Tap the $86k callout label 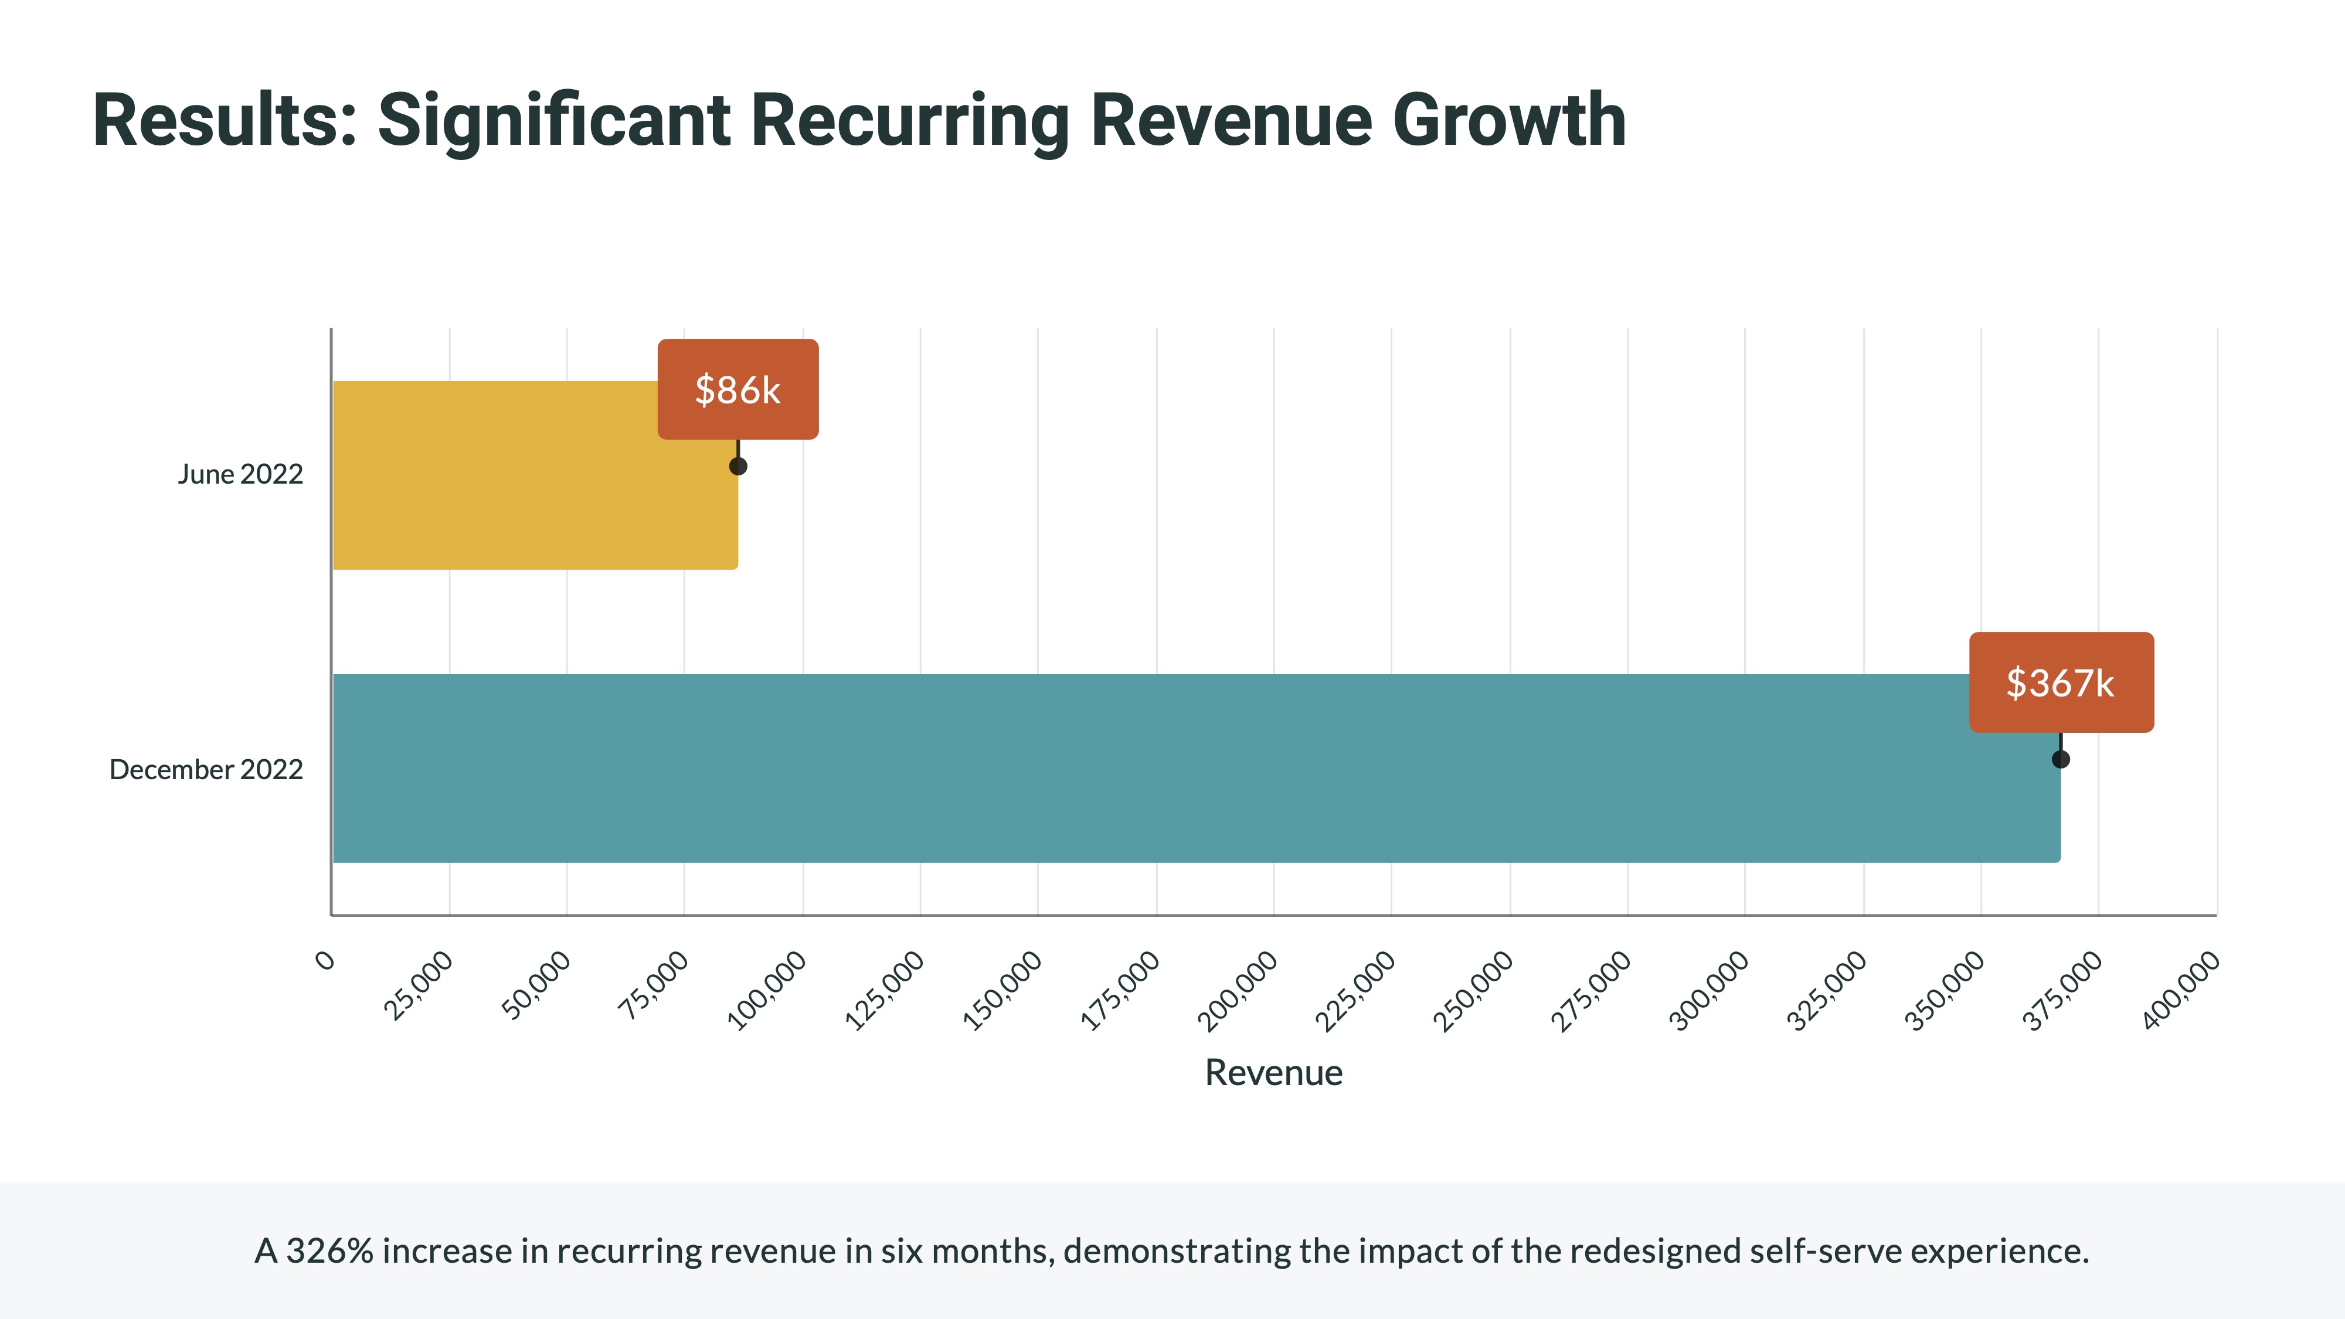coord(738,390)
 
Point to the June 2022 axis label coord(240,474)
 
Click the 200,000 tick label coord(1238,990)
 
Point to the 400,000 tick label coord(2181,990)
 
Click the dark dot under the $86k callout coord(738,466)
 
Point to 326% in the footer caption coord(329,1252)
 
